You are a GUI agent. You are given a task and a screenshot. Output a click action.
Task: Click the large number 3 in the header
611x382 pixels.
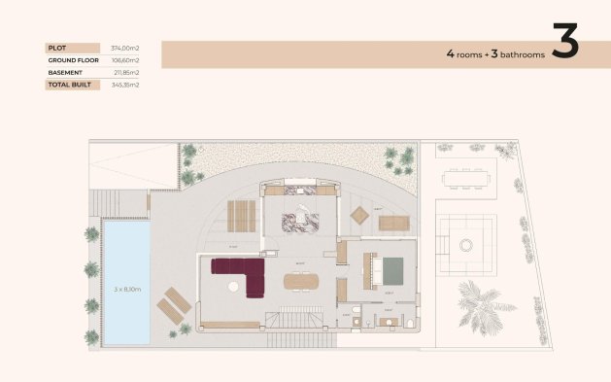(564, 44)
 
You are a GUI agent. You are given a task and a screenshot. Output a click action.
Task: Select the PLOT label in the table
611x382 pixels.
(55, 47)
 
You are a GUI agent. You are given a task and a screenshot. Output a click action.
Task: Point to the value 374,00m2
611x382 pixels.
(126, 47)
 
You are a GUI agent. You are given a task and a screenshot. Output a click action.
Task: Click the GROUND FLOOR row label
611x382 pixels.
(74, 59)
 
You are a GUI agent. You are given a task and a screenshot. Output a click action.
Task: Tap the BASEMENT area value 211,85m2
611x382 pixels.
(126, 72)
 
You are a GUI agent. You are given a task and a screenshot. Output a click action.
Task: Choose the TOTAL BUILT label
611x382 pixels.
(70, 85)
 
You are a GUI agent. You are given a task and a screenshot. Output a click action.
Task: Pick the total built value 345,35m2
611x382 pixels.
(126, 85)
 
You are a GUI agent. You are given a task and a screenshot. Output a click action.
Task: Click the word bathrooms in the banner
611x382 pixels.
(521, 54)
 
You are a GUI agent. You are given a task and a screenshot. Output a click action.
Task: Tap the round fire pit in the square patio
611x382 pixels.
(466, 243)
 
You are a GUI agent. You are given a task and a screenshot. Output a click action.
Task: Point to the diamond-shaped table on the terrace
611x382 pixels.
(358, 216)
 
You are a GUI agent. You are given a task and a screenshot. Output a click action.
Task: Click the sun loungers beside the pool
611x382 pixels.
(175, 303)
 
